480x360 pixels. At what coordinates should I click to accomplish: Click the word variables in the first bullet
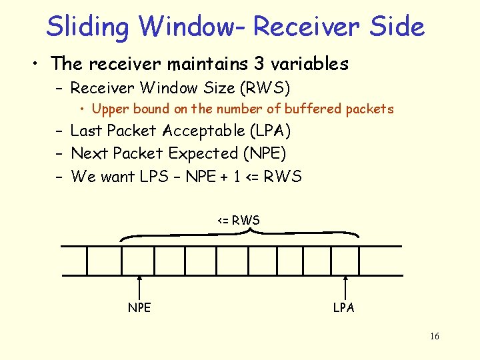click(309, 64)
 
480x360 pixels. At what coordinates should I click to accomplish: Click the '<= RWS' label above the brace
click(238, 220)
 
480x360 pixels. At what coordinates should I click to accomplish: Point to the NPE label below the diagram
click(139, 307)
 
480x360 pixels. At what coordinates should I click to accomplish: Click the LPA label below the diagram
click(344, 307)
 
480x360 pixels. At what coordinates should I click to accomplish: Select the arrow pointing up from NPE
click(139, 288)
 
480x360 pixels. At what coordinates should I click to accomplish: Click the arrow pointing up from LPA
click(345, 288)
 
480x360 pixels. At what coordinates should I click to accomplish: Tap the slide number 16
click(434, 336)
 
